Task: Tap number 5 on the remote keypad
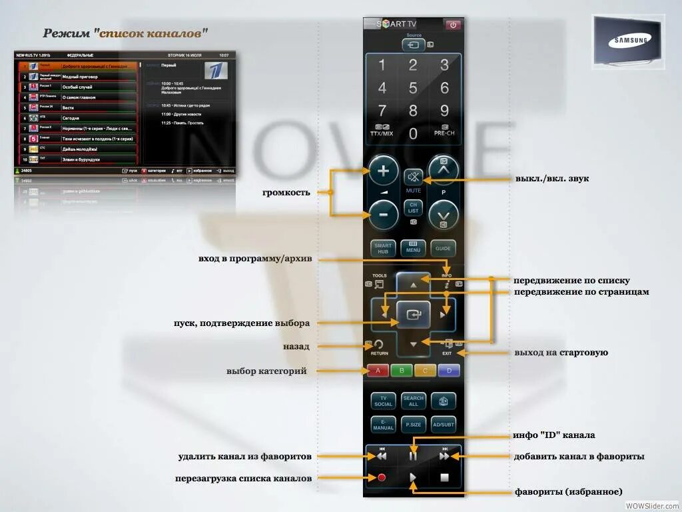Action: (x=413, y=88)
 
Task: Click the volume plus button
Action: (x=384, y=171)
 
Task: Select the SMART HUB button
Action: (x=383, y=249)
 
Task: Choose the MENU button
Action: (x=413, y=249)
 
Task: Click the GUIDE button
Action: (x=443, y=249)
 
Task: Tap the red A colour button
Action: (x=378, y=371)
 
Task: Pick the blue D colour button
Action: (x=449, y=371)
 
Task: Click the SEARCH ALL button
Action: (x=413, y=401)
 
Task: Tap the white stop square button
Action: (x=444, y=477)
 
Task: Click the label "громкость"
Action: (x=286, y=193)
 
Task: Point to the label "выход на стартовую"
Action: (x=561, y=353)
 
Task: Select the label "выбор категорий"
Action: (x=266, y=371)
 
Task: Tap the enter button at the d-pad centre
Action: (x=414, y=314)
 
